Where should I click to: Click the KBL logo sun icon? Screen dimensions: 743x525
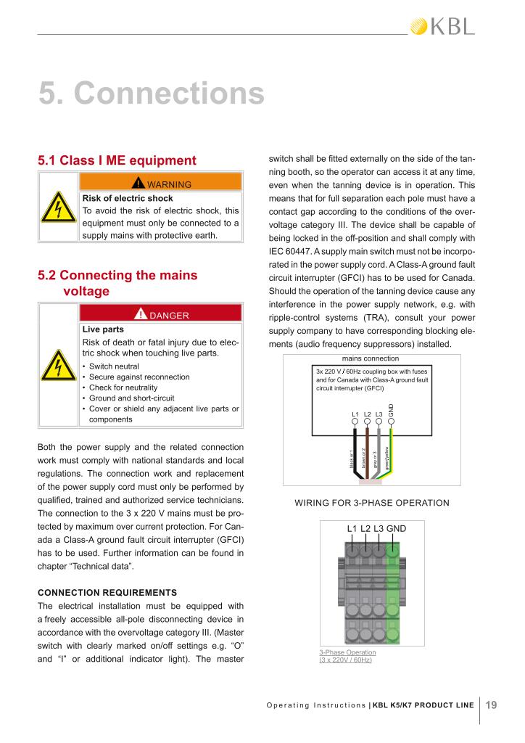point(419,27)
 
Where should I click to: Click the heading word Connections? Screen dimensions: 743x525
point(170,94)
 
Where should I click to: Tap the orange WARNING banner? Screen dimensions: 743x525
point(160,184)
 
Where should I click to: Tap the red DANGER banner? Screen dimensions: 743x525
point(160,315)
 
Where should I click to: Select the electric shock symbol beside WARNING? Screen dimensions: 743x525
point(57,208)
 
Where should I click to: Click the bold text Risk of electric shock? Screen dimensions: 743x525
point(128,197)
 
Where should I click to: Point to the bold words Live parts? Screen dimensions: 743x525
point(103,329)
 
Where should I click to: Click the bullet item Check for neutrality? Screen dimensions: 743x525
point(123,387)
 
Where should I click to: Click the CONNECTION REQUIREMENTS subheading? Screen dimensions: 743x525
point(107,592)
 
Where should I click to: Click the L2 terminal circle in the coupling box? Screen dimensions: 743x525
point(368,422)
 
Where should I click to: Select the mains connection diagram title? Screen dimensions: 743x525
point(370,358)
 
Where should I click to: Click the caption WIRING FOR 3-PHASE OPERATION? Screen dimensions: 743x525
point(371,503)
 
